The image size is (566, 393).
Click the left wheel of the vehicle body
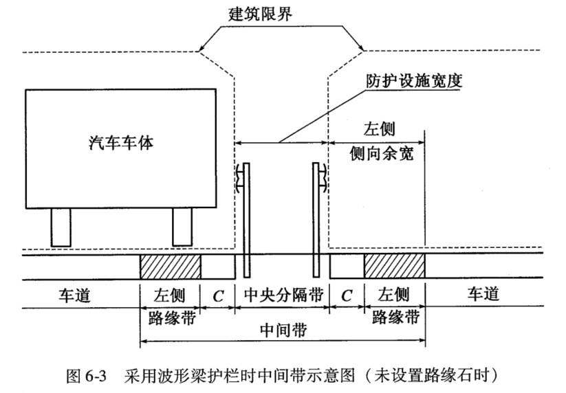tap(61, 226)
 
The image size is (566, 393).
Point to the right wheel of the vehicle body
tap(182, 226)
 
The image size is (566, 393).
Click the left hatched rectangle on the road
tap(170, 266)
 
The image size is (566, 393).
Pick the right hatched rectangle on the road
tap(395, 266)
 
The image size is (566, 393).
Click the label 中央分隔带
tap(281, 295)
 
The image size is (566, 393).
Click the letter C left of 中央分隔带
tap(218, 296)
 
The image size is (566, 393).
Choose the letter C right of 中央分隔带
tap(347, 296)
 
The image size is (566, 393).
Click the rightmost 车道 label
tap(484, 295)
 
